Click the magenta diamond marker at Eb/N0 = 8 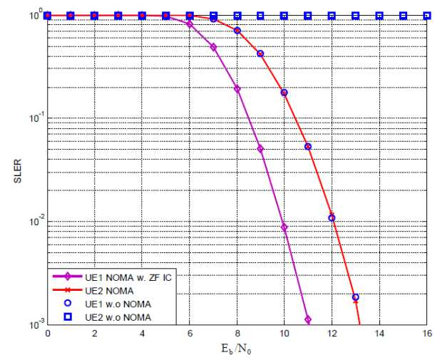tap(237, 89)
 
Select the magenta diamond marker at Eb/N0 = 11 tap(308, 319)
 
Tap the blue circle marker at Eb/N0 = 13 tap(355, 297)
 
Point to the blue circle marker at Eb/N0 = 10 tap(284, 93)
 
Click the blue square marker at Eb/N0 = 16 tap(427, 16)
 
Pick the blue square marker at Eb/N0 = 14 tap(379, 16)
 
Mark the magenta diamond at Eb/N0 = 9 tap(260, 149)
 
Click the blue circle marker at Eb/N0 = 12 tap(332, 218)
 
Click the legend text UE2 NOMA tap(109, 291)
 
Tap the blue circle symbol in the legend tap(68, 304)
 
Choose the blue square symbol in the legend tap(68, 317)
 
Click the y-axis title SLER tap(18, 171)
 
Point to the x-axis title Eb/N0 tap(236, 349)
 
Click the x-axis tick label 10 tap(284, 333)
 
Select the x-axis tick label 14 tap(379, 333)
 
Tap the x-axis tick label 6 tap(190, 333)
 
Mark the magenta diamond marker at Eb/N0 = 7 tap(213, 47)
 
